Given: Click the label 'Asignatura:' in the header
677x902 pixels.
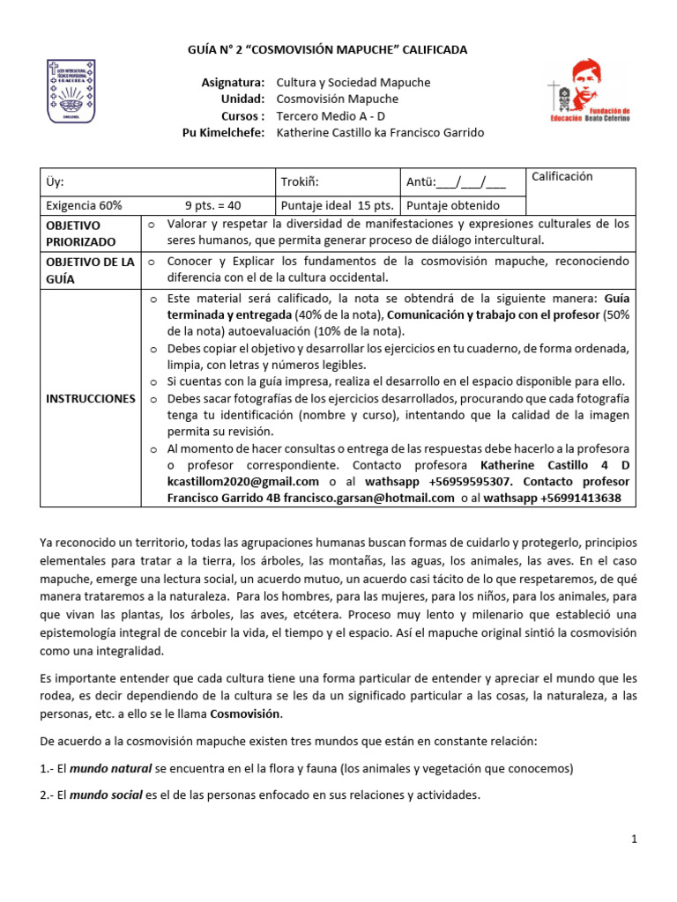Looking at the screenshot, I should pos(234,82).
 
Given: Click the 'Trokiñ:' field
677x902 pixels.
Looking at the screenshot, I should pos(299,182).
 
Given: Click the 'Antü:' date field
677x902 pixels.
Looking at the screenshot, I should pos(456,182).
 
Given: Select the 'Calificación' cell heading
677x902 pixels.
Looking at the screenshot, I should pos(562,176).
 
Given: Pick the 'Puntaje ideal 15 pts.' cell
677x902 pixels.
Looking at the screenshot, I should pos(336,205).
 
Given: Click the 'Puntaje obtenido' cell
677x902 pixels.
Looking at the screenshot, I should pos(453,205).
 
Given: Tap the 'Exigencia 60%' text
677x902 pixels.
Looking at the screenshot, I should pos(84,205).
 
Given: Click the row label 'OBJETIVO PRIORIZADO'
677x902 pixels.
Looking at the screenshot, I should pos(80,232).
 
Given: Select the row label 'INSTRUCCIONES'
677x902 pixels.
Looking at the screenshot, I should pos(91,398).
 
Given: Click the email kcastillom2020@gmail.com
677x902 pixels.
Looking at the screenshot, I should pos(243,481).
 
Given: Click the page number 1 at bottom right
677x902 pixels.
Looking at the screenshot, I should pos(633,839).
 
